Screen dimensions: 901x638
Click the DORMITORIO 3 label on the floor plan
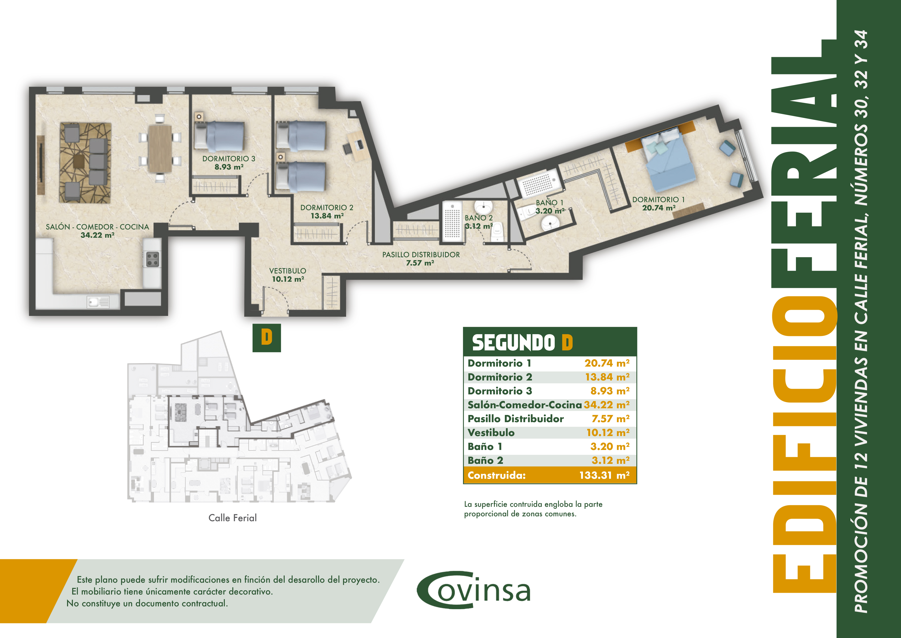click(x=228, y=159)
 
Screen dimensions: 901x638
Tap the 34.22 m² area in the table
click(x=606, y=405)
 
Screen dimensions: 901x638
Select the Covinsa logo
click(x=474, y=590)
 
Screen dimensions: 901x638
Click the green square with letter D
click(x=266, y=338)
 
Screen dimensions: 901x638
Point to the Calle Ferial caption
click(x=233, y=518)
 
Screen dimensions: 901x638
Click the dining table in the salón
click(x=160, y=148)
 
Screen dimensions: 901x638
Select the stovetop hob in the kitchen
click(x=152, y=259)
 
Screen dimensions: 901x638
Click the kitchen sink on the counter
click(x=98, y=302)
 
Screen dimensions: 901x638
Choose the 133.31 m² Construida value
click(x=604, y=475)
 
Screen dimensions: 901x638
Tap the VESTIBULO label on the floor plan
click(x=288, y=271)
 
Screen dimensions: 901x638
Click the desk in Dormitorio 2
click(x=358, y=145)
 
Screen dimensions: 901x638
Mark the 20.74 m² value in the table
click(x=607, y=363)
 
